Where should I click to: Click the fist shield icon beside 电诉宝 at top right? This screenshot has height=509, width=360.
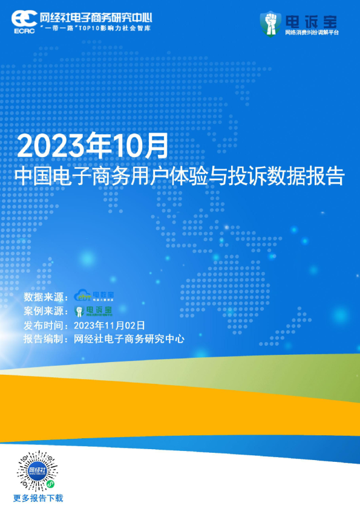(x=270, y=23)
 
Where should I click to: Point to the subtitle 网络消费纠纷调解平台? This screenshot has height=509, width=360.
(x=312, y=32)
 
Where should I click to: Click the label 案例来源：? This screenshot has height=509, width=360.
(x=46, y=311)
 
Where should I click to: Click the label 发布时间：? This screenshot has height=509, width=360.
(x=46, y=325)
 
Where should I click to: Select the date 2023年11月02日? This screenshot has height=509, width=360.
(x=110, y=325)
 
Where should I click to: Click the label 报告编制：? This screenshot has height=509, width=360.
(x=46, y=339)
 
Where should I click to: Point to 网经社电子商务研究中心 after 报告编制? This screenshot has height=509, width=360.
(x=128, y=339)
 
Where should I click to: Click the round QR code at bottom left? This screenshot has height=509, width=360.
(x=38, y=470)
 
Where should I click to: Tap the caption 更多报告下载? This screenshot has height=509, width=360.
(x=38, y=499)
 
